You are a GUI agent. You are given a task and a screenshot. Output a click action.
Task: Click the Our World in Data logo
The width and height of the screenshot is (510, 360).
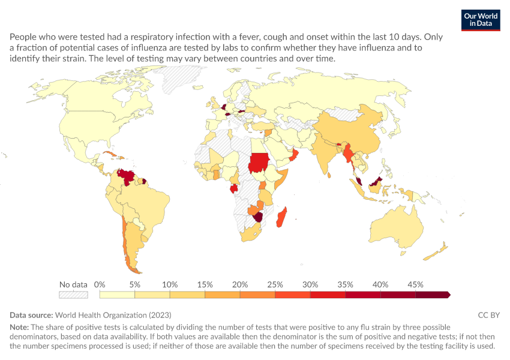[x=481, y=20]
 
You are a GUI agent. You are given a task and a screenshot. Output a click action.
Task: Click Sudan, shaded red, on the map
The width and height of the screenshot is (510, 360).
[x=259, y=162]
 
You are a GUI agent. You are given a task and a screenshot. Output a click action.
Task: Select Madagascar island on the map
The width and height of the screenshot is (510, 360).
[x=281, y=217]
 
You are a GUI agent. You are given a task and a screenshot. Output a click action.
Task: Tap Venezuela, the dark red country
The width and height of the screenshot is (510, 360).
[x=127, y=176]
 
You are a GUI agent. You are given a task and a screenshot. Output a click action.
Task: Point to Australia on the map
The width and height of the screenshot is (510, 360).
[x=397, y=227]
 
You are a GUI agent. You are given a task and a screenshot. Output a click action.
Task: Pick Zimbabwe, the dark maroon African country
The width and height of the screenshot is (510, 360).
[x=259, y=217]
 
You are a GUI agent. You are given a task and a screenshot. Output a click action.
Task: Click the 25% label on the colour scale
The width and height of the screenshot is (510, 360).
[x=275, y=285]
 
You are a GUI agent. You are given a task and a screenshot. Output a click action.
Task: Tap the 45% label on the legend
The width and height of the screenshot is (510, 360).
[x=415, y=285]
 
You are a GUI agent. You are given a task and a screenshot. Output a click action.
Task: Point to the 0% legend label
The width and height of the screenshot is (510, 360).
[x=100, y=285]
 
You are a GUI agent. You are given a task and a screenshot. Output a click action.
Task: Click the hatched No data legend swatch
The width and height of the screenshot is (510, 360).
[x=74, y=295]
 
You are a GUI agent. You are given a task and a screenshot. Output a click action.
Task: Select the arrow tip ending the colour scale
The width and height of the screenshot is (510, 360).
[x=450, y=295]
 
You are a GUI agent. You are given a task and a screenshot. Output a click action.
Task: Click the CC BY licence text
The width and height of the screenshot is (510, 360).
[x=489, y=315]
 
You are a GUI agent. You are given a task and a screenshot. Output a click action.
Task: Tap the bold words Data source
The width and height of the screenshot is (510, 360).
[x=31, y=315]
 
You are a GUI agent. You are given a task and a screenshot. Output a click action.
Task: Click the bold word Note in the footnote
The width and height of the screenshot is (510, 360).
[x=19, y=327]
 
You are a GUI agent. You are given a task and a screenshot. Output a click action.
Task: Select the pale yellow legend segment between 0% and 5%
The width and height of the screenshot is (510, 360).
[x=117, y=295]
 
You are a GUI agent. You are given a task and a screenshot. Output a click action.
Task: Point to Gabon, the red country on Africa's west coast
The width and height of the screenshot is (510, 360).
[x=234, y=188]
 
